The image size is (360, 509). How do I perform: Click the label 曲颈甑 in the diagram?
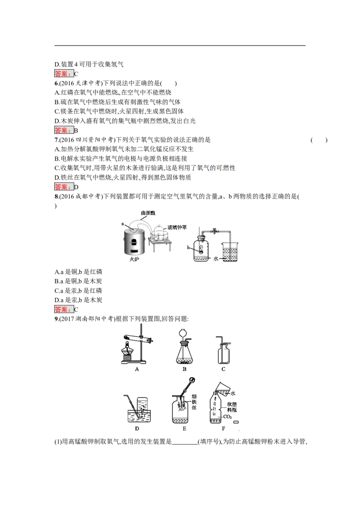tap(148, 213)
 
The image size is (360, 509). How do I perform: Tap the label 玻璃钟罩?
tap(177, 228)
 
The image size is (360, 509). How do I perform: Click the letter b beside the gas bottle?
tap(188, 247)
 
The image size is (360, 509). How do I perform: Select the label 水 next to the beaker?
tap(216, 259)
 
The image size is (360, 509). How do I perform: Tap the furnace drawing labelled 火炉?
tap(134, 240)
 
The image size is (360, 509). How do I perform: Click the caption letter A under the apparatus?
tap(137, 369)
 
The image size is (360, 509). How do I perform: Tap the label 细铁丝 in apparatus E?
tap(194, 402)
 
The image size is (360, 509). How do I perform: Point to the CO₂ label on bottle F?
tap(227, 416)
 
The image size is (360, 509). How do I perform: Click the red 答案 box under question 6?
tap(63, 130)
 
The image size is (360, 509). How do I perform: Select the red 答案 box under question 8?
tap(63, 309)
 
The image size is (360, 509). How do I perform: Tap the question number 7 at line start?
tap(56, 140)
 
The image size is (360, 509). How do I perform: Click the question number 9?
tap(56, 319)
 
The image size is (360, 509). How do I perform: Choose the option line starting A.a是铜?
tap(78, 272)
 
